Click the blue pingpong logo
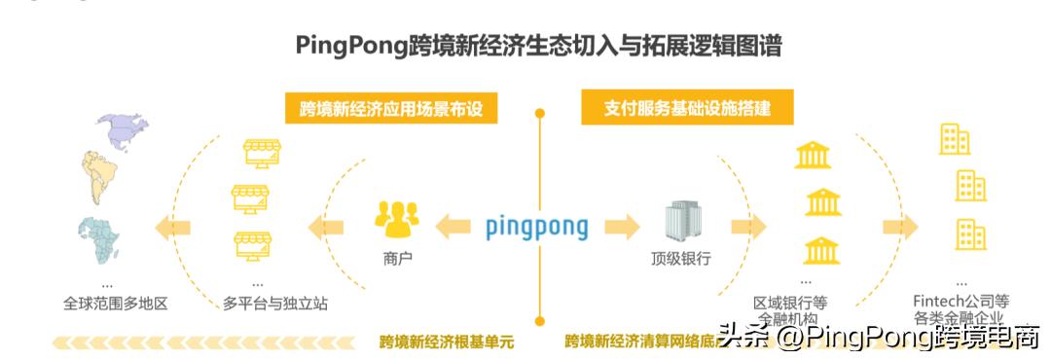pyautogui.click(x=536, y=228)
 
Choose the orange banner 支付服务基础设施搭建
pyautogui.click(x=687, y=108)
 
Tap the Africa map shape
pyautogui.click(x=99, y=237)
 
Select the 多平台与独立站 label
pyautogui.click(x=275, y=304)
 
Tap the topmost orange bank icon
pyautogui.click(x=813, y=155)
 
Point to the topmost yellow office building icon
pyautogui.click(x=954, y=140)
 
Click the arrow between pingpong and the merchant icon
pyautogui.click(x=452, y=228)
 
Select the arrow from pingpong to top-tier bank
pyautogui.click(x=620, y=228)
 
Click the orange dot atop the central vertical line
pyautogui.click(x=538, y=114)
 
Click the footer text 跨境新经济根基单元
pyautogui.click(x=446, y=342)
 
